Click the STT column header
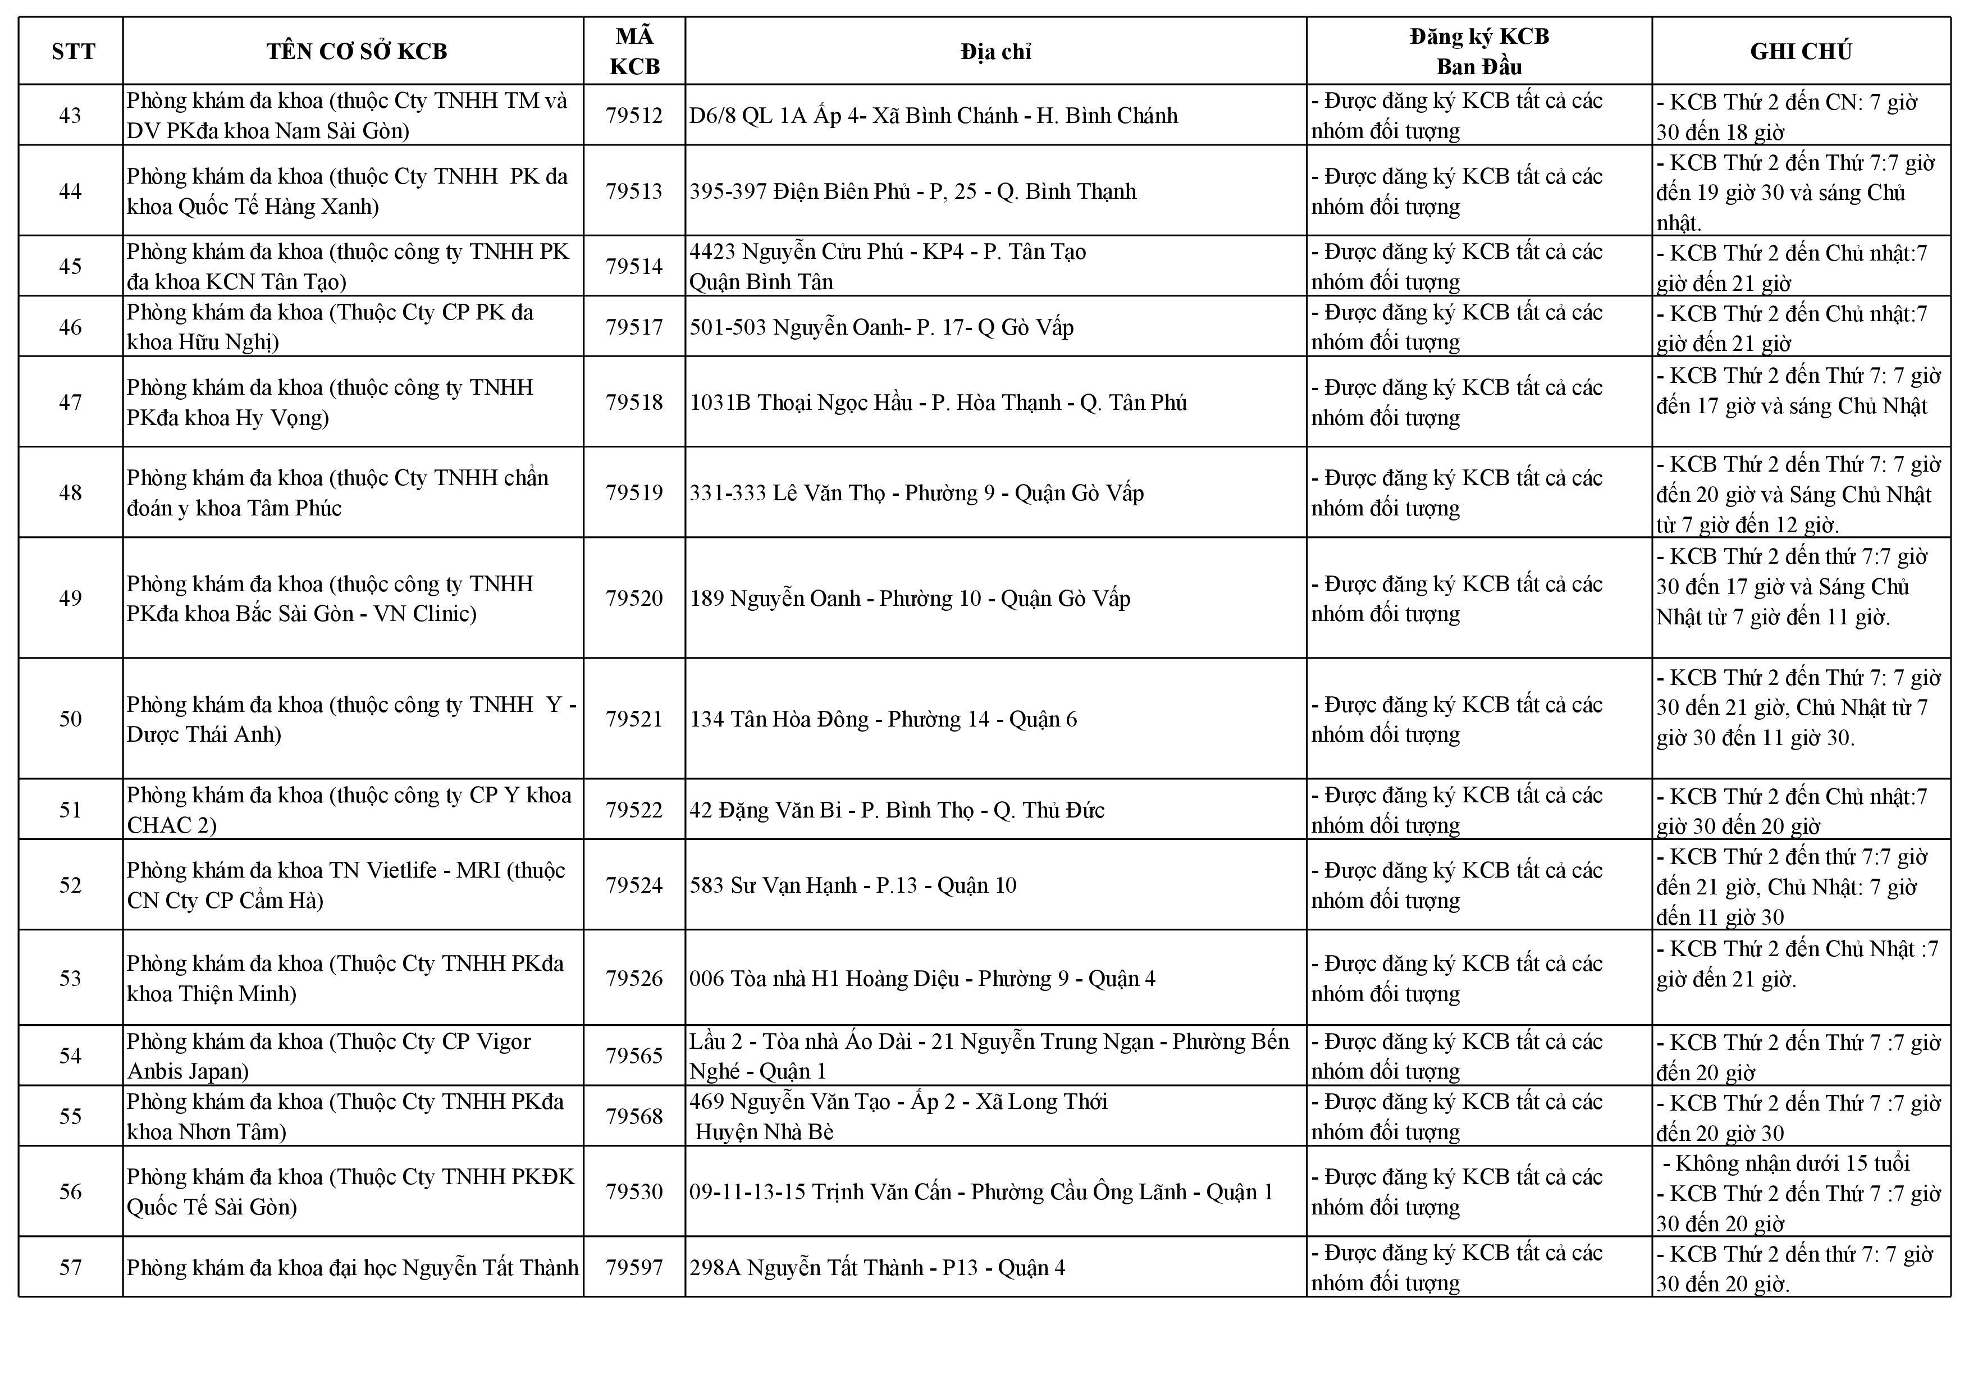point(73,52)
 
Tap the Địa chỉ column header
point(995,52)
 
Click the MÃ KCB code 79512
point(634,116)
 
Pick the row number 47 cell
point(70,402)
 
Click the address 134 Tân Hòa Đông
point(883,719)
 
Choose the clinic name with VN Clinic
point(330,599)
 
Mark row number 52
point(70,885)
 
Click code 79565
point(634,1056)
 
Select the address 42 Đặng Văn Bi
point(896,810)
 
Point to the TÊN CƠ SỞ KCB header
point(356,52)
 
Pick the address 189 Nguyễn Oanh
point(909,599)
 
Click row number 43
point(70,116)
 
